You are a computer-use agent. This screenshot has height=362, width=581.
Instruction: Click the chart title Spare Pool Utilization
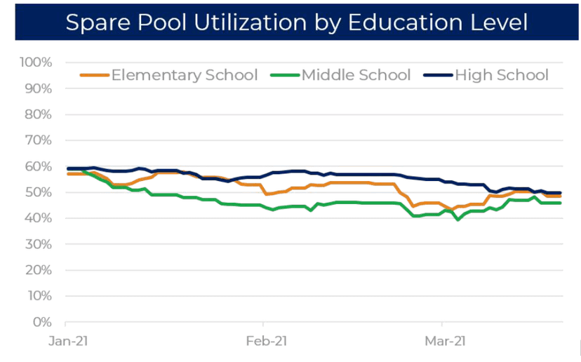(x=295, y=21)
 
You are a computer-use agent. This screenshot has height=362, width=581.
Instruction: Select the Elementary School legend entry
(x=184, y=75)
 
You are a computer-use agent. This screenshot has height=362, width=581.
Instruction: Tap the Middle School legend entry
(x=355, y=75)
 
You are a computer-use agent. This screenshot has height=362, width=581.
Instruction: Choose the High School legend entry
(x=501, y=75)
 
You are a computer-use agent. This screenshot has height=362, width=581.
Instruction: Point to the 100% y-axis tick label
(x=36, y=62)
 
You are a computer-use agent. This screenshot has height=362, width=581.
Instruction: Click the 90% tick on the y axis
(x=39, y=88)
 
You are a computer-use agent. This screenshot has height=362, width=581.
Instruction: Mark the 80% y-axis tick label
(x=39, y=114)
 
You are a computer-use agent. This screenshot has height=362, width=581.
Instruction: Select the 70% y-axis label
(x=39, y=140)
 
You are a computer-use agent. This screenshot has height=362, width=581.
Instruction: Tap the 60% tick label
(x=39, y=166)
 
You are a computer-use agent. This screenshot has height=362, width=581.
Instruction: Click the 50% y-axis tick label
(x=39, y=192)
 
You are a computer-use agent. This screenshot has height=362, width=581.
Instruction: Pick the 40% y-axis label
(x=39, y=218)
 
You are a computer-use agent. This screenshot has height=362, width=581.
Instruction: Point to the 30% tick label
(x=39, y=244)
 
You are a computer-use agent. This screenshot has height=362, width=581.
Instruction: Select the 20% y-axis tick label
(x=39, y=270)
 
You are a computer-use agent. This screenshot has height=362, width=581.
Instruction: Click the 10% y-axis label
(x=39, y=296)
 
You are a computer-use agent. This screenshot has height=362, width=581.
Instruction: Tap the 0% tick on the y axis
(x=41, y=322)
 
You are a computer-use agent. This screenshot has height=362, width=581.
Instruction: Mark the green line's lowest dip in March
(x=458, y=220)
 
